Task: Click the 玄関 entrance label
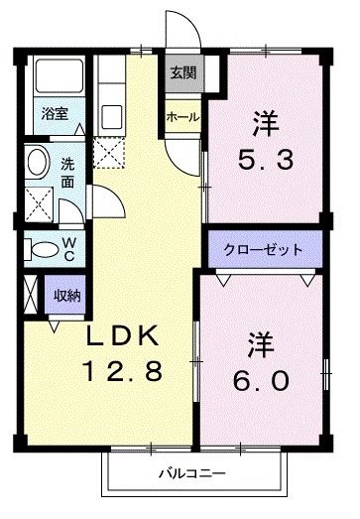pos(181,72)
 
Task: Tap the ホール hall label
pos(183,117)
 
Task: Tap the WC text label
pos(69,247)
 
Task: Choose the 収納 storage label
pos(68,295)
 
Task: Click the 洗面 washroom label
pos(68,172)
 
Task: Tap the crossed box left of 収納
pos(29,295)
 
